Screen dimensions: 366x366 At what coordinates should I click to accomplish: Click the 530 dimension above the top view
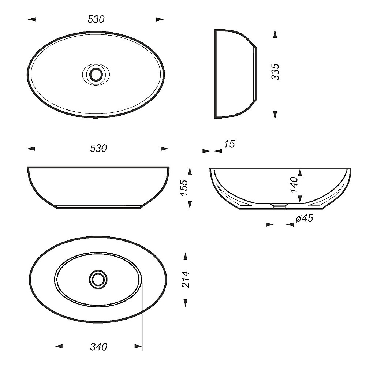pyautogui.click(x=96, y=19)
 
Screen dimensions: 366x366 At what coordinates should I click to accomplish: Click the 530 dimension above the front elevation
pyautogui.click(x=98, y=149)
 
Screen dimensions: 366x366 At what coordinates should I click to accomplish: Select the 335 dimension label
pyautogui.click(x=276, y=72)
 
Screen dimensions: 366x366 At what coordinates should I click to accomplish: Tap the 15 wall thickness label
pyautogui.click(x=229, y=144)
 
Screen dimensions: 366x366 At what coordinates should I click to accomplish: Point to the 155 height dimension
pyautogui.click(x=184, y=188)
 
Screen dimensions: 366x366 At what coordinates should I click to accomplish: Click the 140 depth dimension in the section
pyautogui.click(x=294, y=184)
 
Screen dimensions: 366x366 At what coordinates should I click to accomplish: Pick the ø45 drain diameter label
pyautogui.click(x=304, y=219)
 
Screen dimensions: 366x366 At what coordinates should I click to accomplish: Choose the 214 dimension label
pyautogui.click(x=186, y=279)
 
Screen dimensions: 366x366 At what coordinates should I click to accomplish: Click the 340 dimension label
pyautogui.click(x=98, y=347)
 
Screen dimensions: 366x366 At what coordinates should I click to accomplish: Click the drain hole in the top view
pyautogui.click(x=96, y=74)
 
